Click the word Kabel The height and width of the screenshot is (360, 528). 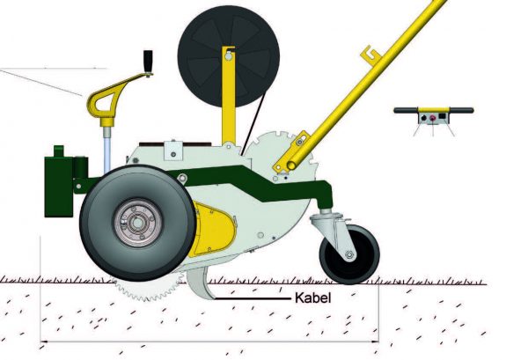coord(312,298)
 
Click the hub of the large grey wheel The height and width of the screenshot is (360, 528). coord(138,223)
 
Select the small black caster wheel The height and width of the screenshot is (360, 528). coord(349,254)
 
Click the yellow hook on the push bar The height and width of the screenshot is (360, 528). coord(371,55)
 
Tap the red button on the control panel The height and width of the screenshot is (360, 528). coord(433,118)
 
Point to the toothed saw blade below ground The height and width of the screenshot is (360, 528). coord(148,290)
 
